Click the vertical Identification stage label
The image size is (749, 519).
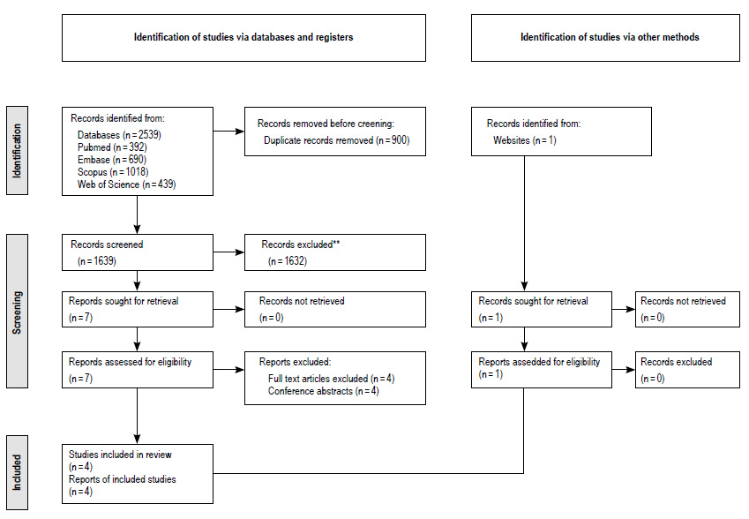[17, 151]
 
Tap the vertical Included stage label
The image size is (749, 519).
[17, 472]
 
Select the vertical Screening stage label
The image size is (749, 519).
[17, 312]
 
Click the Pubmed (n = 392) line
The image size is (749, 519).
[112, 147]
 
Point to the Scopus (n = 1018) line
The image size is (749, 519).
[113, 172]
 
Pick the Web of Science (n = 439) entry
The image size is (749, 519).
[126, 184]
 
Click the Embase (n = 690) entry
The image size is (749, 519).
[112, 160]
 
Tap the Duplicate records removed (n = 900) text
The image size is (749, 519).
[337, 140]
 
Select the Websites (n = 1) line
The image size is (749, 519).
[525, 140]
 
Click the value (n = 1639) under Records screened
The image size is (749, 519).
[97, 261]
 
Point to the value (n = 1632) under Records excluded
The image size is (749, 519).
[288, 261]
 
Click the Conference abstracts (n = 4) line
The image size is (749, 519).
[324, 391]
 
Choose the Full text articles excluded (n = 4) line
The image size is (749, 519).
[331, 379]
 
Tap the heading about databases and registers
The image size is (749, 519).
[243, 37]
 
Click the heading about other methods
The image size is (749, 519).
[610, 37]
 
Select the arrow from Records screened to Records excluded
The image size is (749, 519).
[228, 252]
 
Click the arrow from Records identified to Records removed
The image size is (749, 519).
[228, 131]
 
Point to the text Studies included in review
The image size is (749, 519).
[120, 455]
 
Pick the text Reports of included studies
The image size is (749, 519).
[123, 479]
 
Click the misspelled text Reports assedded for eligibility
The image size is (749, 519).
[539, 362]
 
